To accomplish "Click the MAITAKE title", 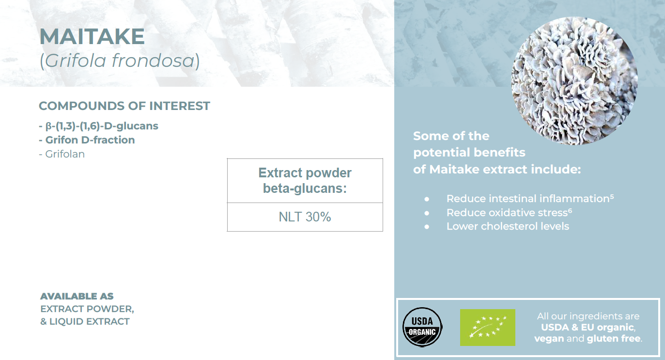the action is point(92,36).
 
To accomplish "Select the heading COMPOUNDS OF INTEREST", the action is point(124,106).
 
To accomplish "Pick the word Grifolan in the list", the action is point(65,154).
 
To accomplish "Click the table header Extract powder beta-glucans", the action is point(305,181).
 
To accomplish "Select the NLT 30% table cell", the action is point(305,217).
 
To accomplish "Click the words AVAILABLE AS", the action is point(77,296).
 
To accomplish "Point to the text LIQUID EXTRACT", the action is point(89,321).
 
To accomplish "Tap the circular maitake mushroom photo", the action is point(574,81).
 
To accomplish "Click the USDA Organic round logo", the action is point(422,327).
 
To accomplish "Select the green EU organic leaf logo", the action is point(487,328).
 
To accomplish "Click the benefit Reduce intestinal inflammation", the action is point(528,199).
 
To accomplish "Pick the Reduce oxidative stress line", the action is point(507,213).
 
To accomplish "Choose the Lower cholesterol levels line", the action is point(508,226).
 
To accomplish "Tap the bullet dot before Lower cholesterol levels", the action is point(427,227).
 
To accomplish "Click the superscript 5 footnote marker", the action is point(612,196).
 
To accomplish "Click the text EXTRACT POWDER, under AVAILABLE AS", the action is point(87,309).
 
